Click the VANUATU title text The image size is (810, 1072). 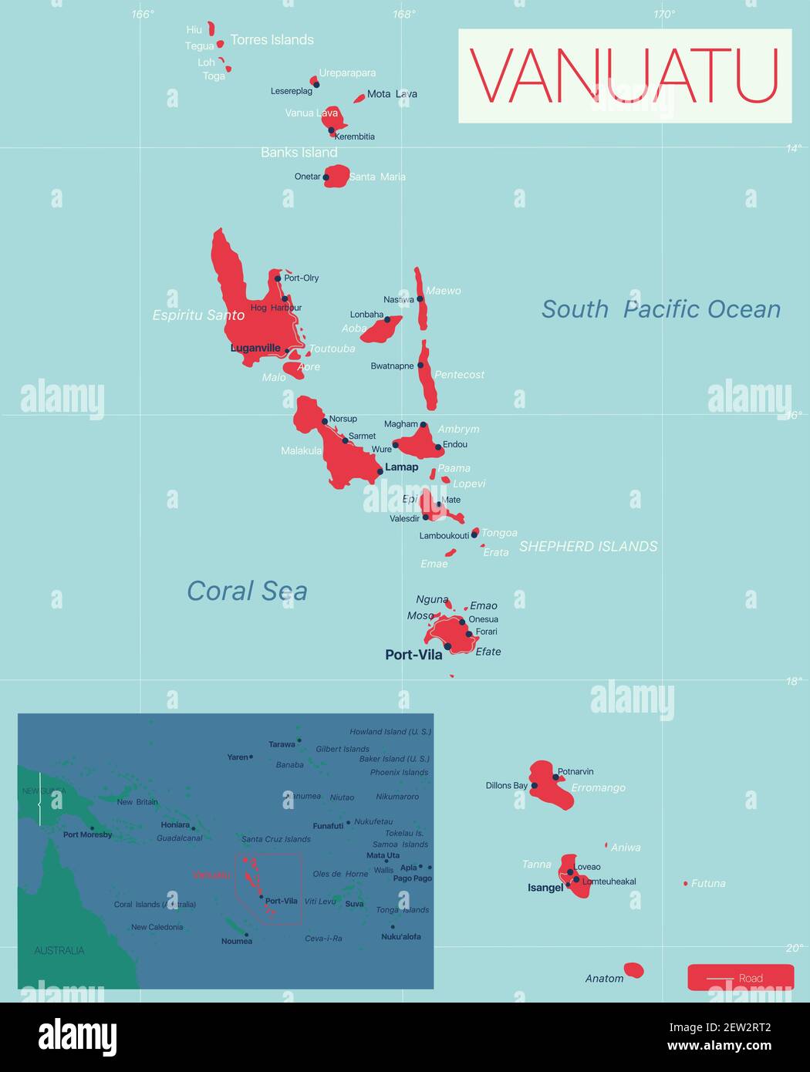[624, 76]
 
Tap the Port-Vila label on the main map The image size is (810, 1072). [413, 655]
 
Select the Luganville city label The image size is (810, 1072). [255, 348]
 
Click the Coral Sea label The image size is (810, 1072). [247, 591]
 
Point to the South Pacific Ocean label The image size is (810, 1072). [660, 309]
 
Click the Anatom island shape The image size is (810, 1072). [633, 969]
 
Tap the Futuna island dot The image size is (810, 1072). [685, 883]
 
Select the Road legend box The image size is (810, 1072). [740, 977]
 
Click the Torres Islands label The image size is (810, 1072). [272, 40]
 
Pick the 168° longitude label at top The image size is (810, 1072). [403, 14]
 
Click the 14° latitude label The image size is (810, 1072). [793, 148]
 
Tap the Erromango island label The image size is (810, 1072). [598, 787]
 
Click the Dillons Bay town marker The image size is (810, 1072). [534, 786]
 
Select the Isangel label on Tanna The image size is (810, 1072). [545, 888]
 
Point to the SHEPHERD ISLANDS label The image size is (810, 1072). [588, 546]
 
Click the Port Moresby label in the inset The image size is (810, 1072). [87, 834]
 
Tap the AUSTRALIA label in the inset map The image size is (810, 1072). [59, 950]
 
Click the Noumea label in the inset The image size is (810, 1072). [236, 941]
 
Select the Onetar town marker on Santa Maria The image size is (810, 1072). [326, 177]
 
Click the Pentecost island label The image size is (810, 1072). [459, 375]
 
